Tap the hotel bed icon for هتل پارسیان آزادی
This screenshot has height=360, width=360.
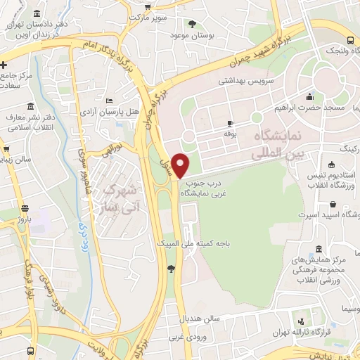click(x=107, y=102)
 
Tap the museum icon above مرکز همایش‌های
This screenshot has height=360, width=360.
click(x=320, y=250)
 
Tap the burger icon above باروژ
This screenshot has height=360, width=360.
click(x=26, y=208)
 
